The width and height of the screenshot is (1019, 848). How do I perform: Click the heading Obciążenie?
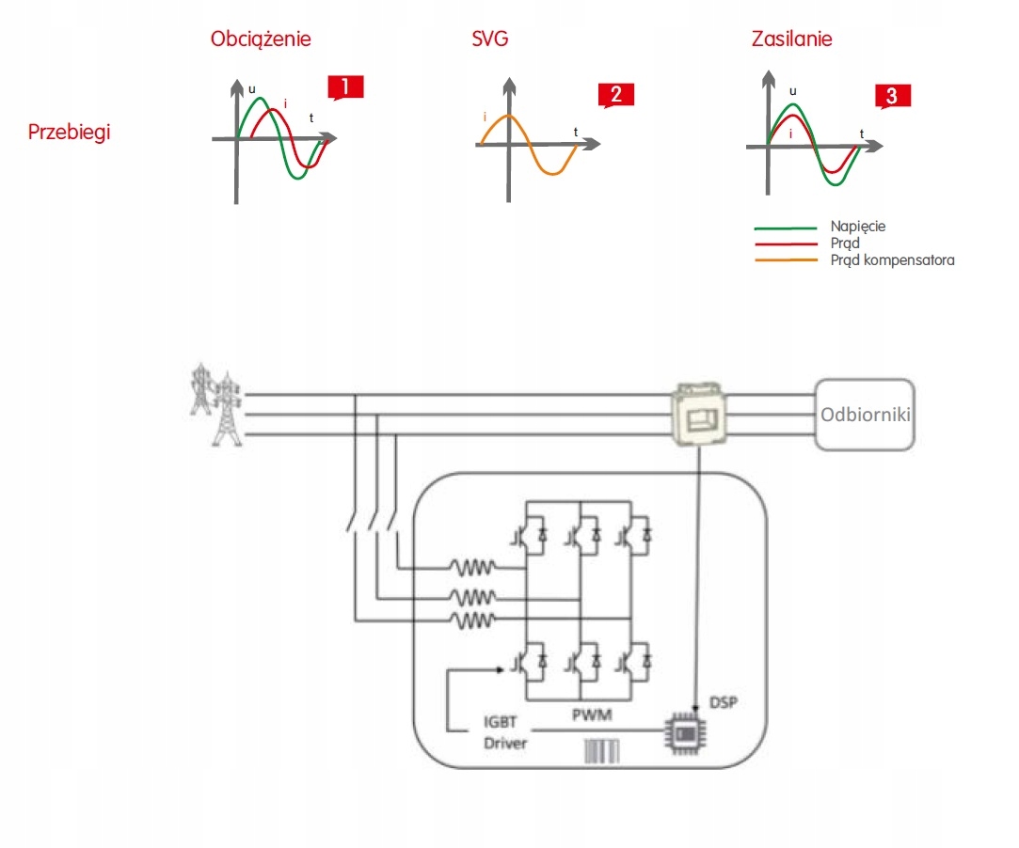[x=261, y=39]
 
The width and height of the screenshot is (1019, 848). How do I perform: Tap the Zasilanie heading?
[x=791, y=39]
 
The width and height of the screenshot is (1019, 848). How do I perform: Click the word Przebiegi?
[x=69, y=132]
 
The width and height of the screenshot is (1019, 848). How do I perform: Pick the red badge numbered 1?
[x=345, y=87]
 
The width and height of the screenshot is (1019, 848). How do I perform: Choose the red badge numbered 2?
[x=615, y=94]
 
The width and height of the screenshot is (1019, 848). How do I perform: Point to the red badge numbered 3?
[x=892, y=95]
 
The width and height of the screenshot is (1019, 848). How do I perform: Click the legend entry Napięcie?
[x=857, y=227]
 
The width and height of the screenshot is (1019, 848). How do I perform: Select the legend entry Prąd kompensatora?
[x=891, y=259]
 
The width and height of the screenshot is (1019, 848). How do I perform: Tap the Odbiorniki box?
[x=865, y=414]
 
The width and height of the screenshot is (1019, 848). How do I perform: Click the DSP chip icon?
[x=686, y=731]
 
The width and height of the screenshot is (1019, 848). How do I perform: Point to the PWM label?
[x=592, y=715]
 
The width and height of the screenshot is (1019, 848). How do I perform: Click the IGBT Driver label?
[x=505, y=734]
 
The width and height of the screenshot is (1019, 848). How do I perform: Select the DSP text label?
[x=722, y=702]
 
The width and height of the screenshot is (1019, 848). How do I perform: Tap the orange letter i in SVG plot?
[x=485, y=118]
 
